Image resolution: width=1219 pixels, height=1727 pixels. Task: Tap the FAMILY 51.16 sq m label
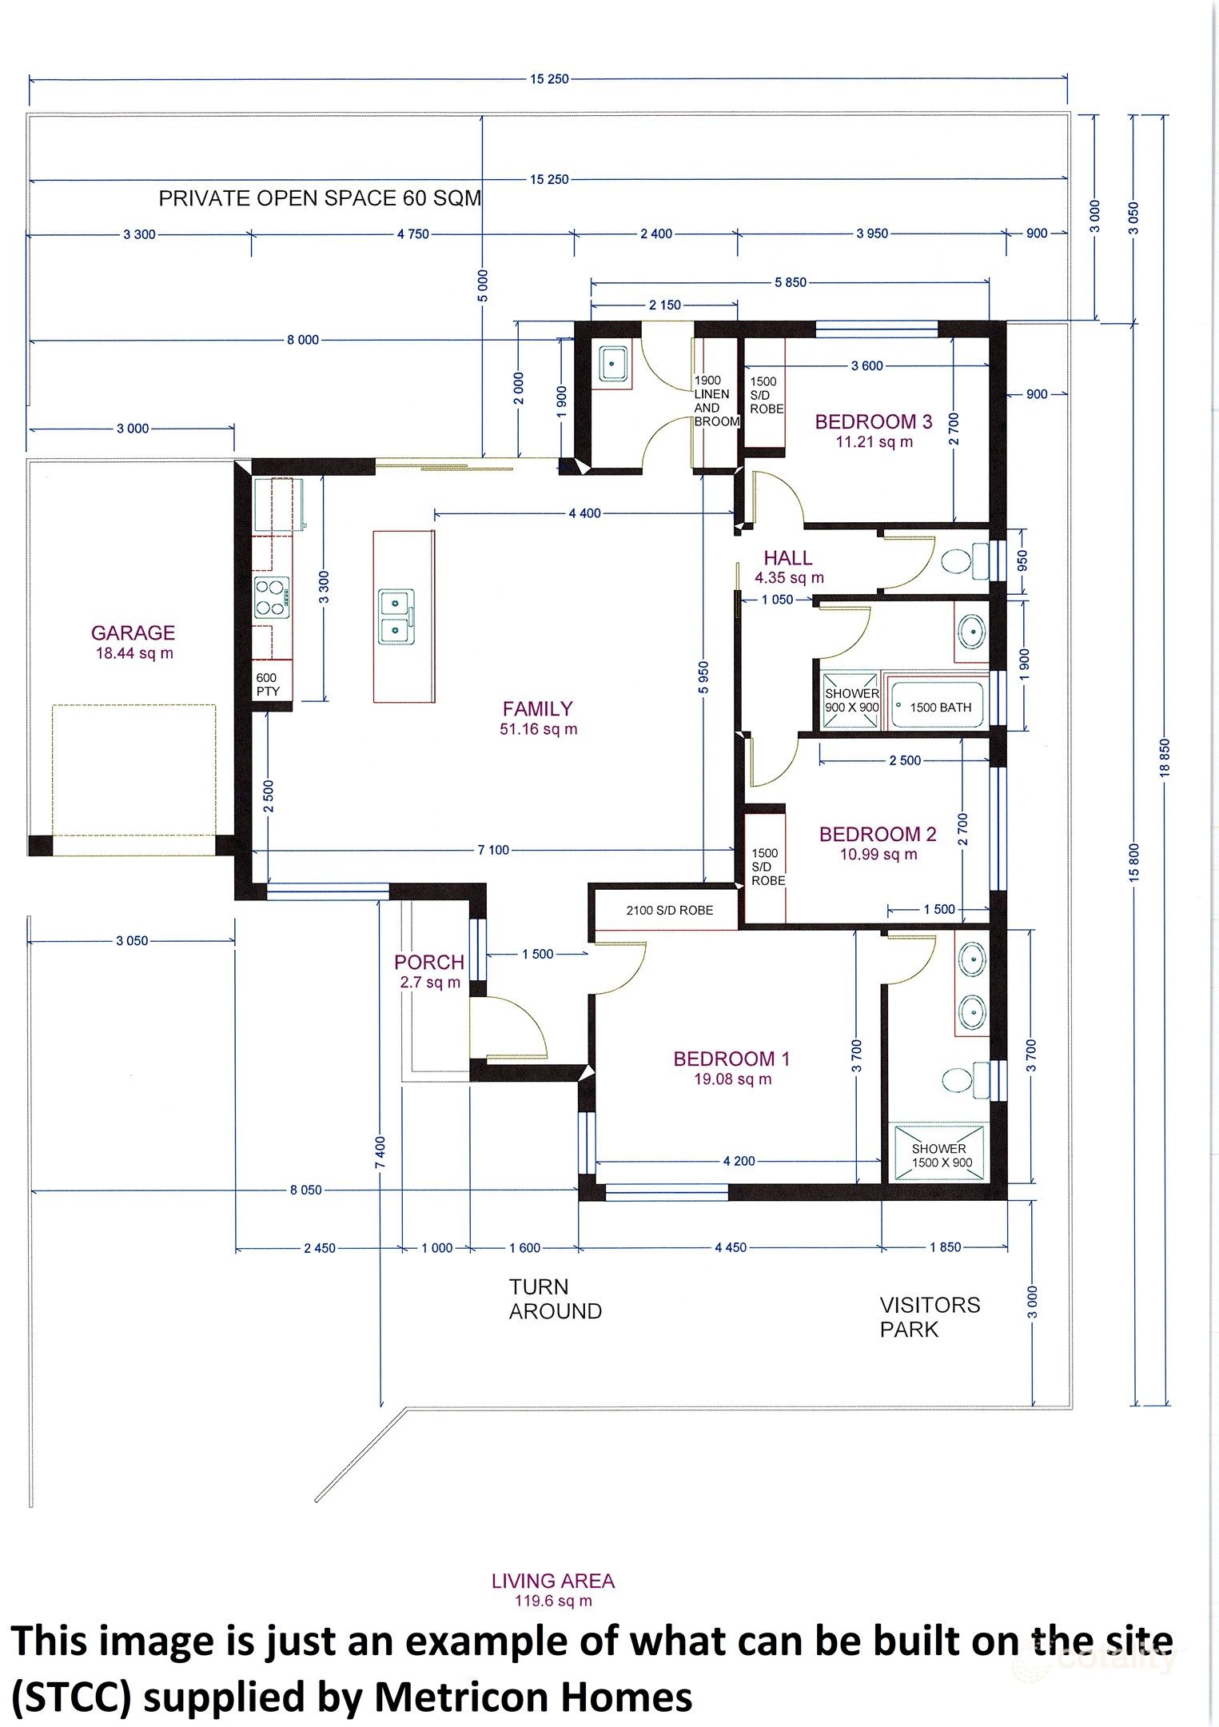pos(538,717)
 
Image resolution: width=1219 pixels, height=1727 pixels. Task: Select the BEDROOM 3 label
pos(873,430)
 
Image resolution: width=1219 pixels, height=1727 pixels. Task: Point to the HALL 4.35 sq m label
pos(788,566)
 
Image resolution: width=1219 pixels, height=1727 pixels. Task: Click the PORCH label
pos(429,971)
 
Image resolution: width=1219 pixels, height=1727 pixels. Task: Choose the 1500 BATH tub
pos(939,707)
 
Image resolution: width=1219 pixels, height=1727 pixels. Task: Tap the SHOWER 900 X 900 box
pos(851,700)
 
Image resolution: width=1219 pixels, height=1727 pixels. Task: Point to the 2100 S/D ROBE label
pos(669,910)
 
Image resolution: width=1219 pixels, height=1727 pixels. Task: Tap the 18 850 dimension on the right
pos(1164,756)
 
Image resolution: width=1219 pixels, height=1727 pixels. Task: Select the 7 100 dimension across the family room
pos(493,850)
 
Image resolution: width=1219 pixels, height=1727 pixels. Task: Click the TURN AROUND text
pos(554,1298)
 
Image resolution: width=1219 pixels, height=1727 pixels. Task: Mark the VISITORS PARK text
pos(928,1316)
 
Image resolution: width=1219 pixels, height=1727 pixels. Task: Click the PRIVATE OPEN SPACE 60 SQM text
pos(320,198)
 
